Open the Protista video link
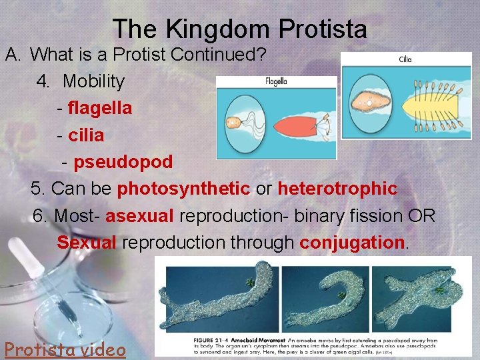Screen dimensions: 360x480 pos(65,348)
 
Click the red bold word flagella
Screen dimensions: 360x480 pos(100,107)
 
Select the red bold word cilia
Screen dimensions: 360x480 pos(86,135)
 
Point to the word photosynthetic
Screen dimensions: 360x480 pos(183,189)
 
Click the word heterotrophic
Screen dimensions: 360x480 pos(337,189)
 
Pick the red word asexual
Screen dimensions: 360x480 pos(139,216)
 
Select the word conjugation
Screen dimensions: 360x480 pos(352,243)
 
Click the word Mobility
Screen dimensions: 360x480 pos(93,81)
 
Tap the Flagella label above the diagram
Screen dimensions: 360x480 pos(275,83)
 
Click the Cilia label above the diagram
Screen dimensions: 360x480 pos(405,59)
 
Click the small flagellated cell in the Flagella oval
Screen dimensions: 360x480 pos(234,123)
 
